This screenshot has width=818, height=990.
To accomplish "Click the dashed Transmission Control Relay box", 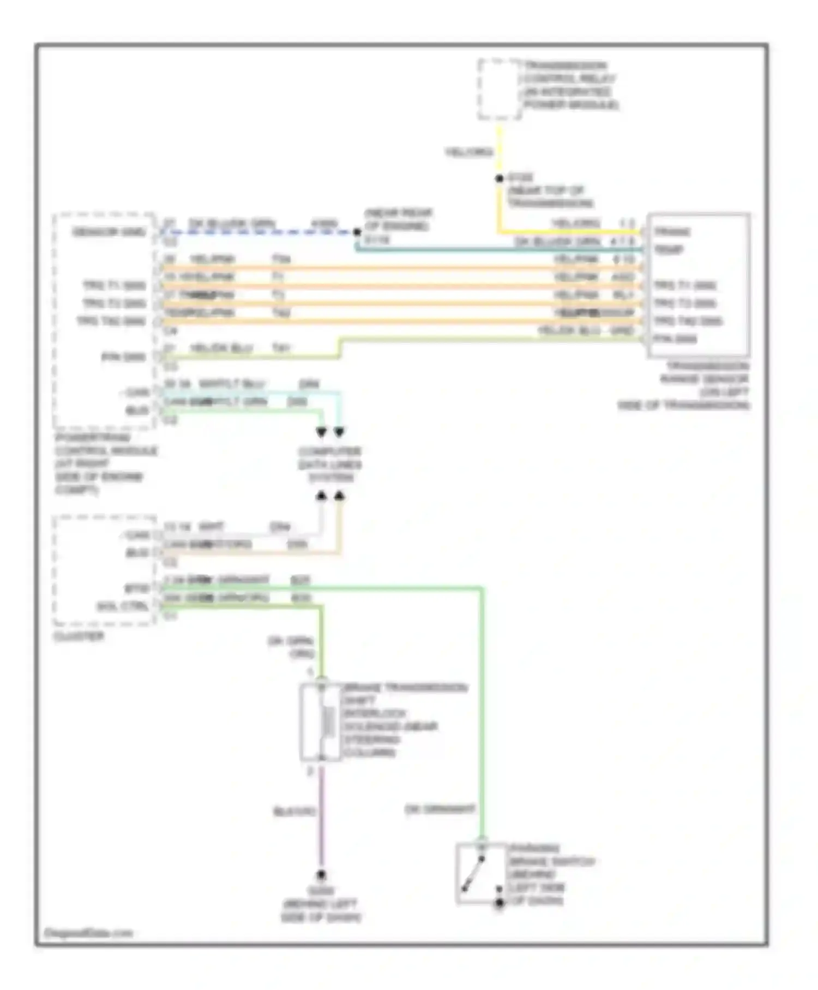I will [x=500, y=90].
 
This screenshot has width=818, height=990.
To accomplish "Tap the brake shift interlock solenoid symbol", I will [x=321, y=722].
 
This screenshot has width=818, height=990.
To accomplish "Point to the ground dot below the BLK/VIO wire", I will [x=321, y=875].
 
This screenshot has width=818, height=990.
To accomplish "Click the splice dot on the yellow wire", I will [x=499, y=178].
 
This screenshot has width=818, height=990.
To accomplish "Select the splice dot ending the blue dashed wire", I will [x=357, y=232].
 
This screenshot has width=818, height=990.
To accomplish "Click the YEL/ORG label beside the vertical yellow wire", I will [x=469, y=152].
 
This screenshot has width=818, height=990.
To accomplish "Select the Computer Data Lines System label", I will [x=330, y=464].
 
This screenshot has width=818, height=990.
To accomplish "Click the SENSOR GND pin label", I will [x=109, y=232].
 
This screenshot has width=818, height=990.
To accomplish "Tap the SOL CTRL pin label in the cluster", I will [x=123, y=606].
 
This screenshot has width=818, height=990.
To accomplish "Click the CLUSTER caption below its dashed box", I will [x=79, y=636].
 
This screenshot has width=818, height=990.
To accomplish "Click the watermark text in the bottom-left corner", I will [x=88, y=933].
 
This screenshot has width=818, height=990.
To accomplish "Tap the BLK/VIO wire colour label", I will [x=294, y=812].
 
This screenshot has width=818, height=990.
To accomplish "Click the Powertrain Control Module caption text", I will [x=104, y=463].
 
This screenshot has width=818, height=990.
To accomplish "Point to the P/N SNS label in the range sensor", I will [x=675, y=339].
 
